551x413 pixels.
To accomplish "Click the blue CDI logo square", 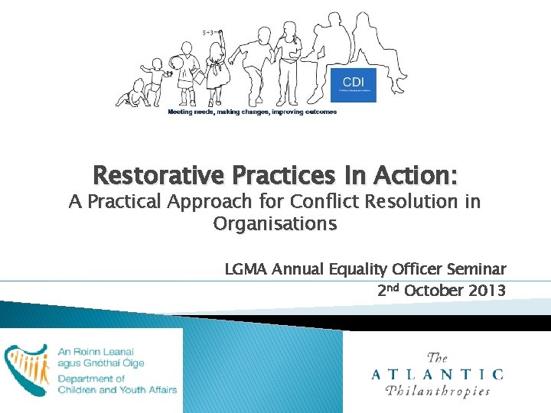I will tap(353, 84).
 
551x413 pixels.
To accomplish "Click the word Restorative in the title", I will tap(157, 177).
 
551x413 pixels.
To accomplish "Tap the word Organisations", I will tap(275, 224).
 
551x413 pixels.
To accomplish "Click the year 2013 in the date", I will tap(487, 291).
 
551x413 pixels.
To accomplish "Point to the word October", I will tap(434, 291).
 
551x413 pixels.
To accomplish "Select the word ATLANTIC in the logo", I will tap(437, 374).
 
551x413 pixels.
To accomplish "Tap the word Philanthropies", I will tap(439, 391).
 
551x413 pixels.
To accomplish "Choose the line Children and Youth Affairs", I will tap(117, 389).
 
